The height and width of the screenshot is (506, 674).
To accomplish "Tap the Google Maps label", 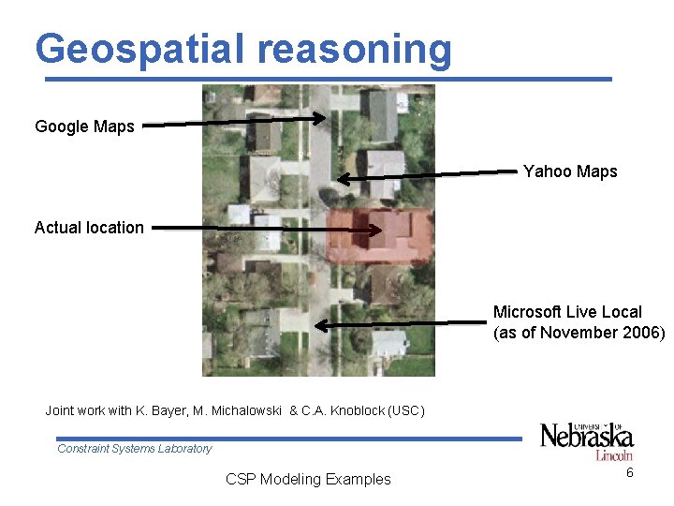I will coord(84,126).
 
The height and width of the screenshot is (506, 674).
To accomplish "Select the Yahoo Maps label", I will coord(570,171).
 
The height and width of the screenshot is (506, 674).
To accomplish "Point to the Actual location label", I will coord(89,228).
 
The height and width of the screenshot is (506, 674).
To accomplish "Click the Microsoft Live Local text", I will coord(567,312).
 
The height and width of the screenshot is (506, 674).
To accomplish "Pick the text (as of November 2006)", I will coord(579,333).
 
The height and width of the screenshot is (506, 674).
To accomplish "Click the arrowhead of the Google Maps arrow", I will coord(321,118).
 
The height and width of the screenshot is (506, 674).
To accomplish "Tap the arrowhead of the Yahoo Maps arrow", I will coord(343,178).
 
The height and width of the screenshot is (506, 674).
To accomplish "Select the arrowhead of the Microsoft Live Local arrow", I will coord(319,326).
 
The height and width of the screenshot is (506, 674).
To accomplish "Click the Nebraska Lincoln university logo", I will coord(586,439).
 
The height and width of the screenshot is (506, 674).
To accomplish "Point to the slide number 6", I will coord(630,473).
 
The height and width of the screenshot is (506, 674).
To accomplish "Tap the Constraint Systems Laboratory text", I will coord(135,449).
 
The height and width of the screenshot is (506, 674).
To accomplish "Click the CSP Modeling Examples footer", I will coord(308,480).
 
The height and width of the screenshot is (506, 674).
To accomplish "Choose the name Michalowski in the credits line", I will coord(245,410).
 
